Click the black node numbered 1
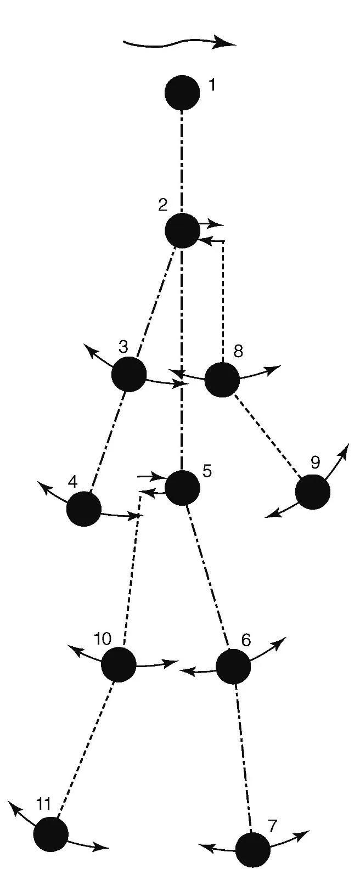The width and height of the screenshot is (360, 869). [x=182, y=93]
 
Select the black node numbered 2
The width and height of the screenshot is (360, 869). [x=182, y=230]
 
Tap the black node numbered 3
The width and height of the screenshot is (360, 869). [x=129, y=374]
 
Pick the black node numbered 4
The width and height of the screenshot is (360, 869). [x=84, y=509]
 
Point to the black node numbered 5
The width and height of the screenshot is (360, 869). [x=182, y=487]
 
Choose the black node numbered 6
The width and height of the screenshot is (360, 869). [x=233, y=666]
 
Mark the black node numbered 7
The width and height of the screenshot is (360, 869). [x=252, y=850]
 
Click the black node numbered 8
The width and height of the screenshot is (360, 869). [x=222, y=379]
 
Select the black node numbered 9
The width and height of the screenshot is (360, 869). [x=313, y=492]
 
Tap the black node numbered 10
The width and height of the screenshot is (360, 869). [x=119, y=664]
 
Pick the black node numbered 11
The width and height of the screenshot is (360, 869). [x=51, y=834]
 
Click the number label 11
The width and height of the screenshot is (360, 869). [x=43, y=804]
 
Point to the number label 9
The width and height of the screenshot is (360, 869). [x=315, y=462]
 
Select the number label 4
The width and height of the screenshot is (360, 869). [x=72, y=481]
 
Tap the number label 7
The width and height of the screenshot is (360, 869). [x=272, y=825]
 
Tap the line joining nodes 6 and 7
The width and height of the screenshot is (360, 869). [x=243, y=757]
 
